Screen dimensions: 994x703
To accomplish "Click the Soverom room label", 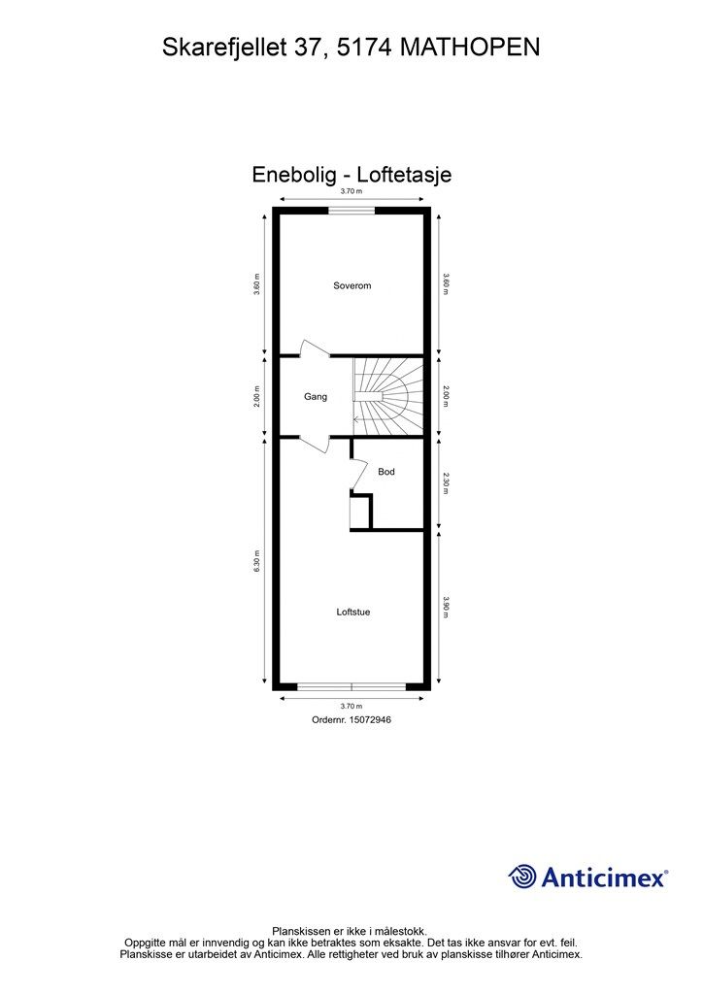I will [351, 285].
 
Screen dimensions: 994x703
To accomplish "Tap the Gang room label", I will [315, 396].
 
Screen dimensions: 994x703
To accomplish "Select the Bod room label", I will [386, 472].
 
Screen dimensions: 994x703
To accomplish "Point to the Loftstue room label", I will [352, 612].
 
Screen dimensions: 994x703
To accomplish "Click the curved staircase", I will [388, 396].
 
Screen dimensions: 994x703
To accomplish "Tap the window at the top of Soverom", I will [351, 210].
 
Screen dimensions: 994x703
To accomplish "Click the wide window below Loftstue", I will [351, 686].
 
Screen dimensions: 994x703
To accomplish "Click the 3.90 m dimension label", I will [445, 608].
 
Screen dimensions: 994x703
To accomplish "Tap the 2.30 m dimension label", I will [445, 483].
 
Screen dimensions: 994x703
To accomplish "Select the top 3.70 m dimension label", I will [351, 193].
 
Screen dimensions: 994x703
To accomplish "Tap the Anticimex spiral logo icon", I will [522, 877].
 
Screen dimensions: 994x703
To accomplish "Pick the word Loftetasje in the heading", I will [404, 175].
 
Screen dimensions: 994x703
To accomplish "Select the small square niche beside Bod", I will [359, 512].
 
